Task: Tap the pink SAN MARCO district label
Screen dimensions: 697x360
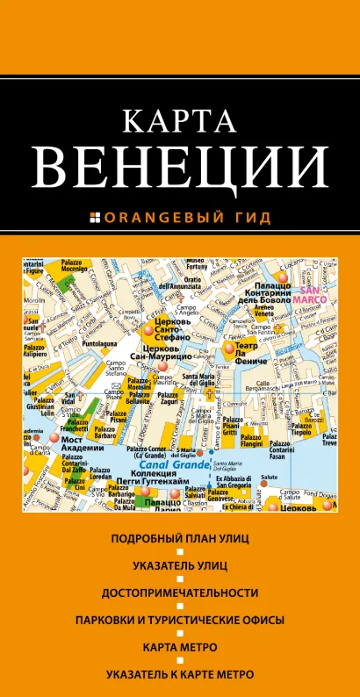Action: [313, 295]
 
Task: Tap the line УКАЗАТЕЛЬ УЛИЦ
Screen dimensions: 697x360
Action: [179, 565]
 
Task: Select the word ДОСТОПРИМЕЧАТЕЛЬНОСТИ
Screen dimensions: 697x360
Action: [179, 593]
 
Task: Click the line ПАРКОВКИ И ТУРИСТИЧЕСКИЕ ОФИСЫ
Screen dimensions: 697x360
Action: [179, 621]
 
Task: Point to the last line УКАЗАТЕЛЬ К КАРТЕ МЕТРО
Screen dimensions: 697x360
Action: [179, 675]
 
